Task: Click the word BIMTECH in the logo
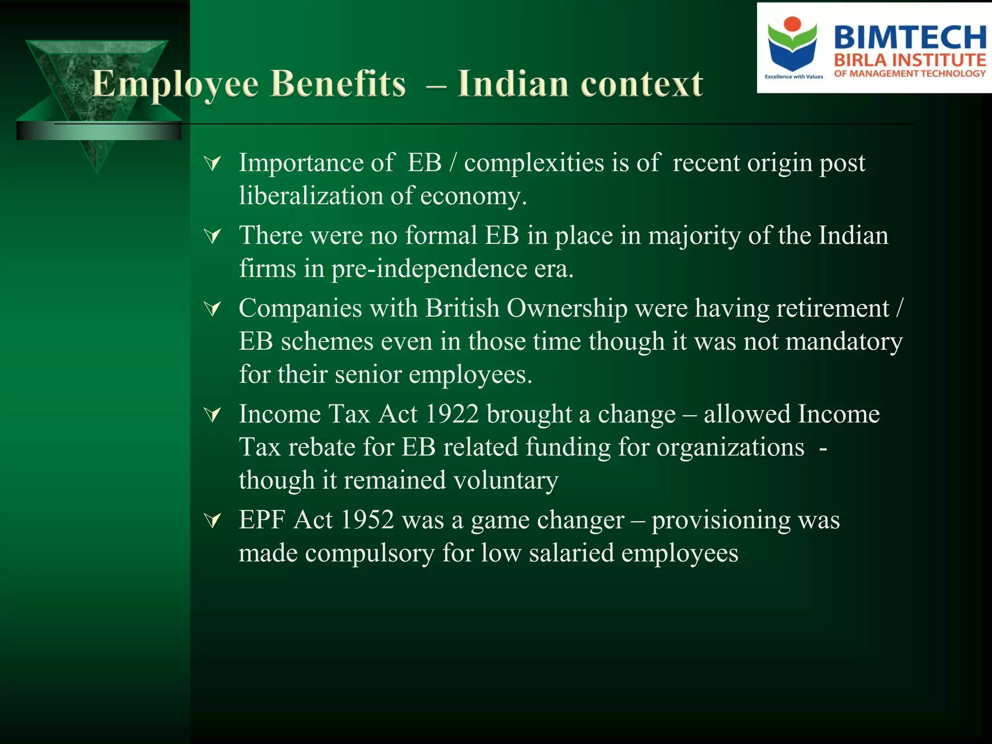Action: (910, 37)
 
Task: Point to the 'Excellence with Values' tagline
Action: (793, 77)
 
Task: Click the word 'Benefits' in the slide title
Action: (338, 84)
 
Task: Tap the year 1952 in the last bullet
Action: (367, 520)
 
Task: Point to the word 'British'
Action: (462, 308)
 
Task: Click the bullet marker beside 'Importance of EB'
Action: (213, 164)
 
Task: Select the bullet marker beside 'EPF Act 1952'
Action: (213, 521)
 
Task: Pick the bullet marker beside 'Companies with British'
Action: (213, 309)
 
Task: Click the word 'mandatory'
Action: (844, 341)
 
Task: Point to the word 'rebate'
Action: (322, 447)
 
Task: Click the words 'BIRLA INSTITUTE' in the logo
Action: (910, 61)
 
